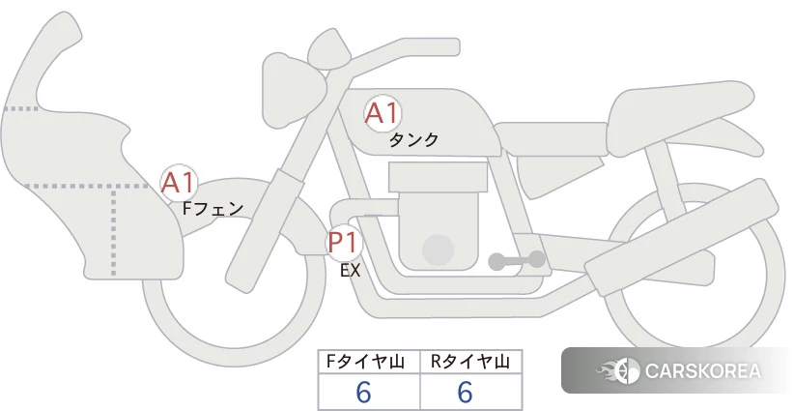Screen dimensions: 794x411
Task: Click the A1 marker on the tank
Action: click(383, 113)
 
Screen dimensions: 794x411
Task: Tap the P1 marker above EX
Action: click(344, 243)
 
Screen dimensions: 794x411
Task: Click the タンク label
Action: click(413, 140)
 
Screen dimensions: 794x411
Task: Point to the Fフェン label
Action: click(213, 208)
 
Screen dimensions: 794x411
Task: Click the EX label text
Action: click(350, 271)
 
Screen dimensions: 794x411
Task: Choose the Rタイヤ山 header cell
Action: click(470, 362)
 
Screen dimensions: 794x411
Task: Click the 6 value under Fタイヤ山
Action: click(363, 393)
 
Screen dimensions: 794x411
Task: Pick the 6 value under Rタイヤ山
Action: click(465, 393)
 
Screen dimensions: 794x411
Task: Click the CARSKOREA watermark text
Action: click(702, 371)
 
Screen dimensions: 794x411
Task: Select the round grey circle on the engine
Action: click(438, 250)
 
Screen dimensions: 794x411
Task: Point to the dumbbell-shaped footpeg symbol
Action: click(517, 260)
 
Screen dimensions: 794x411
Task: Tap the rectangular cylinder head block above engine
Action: click(438, 177)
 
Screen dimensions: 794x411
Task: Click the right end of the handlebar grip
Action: click(458, 46)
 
